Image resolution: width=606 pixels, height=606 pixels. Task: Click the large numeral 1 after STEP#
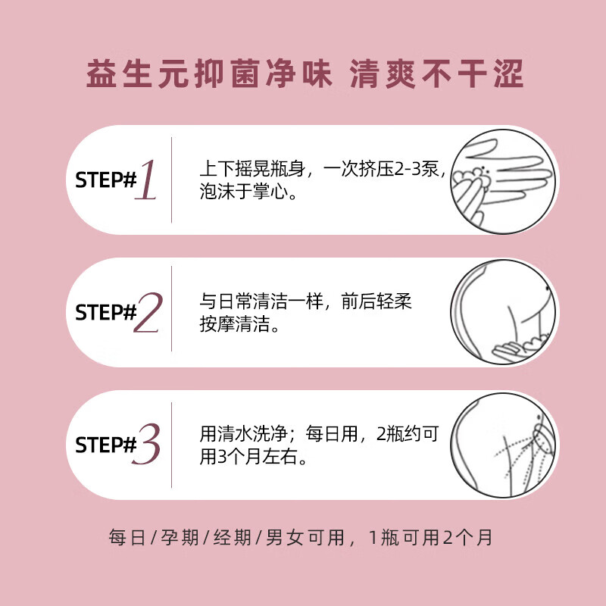click(147, 180)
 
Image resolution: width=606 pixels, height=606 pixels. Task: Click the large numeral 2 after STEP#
click(148, 313)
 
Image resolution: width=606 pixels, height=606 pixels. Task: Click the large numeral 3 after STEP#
click(148, 445)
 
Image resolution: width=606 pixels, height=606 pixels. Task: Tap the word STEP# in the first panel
click(104, 181)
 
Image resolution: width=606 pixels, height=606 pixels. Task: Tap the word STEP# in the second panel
click(104, 313)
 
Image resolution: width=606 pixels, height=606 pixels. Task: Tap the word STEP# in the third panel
click(104, 445)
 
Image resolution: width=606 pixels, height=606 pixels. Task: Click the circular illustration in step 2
click(504, 313)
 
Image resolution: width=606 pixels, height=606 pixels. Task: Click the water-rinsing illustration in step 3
click(504, 445)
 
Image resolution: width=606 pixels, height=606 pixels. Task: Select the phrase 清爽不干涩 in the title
click(436, 77)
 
